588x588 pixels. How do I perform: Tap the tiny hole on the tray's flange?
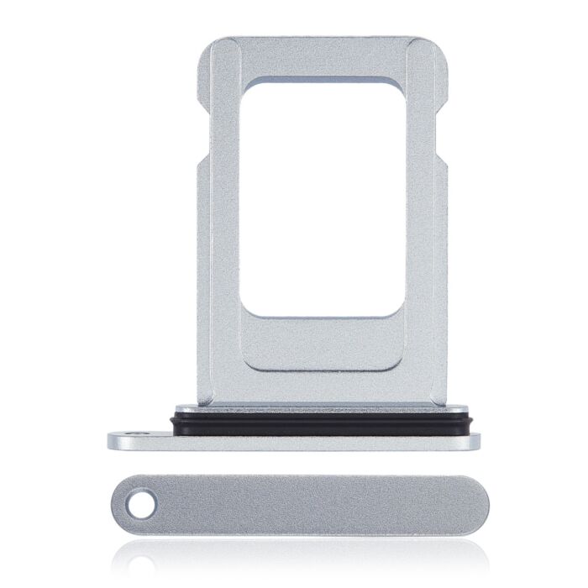138,433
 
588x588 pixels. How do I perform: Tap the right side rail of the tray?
427,252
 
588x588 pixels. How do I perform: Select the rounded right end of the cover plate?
475,504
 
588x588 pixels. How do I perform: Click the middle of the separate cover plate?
302,504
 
